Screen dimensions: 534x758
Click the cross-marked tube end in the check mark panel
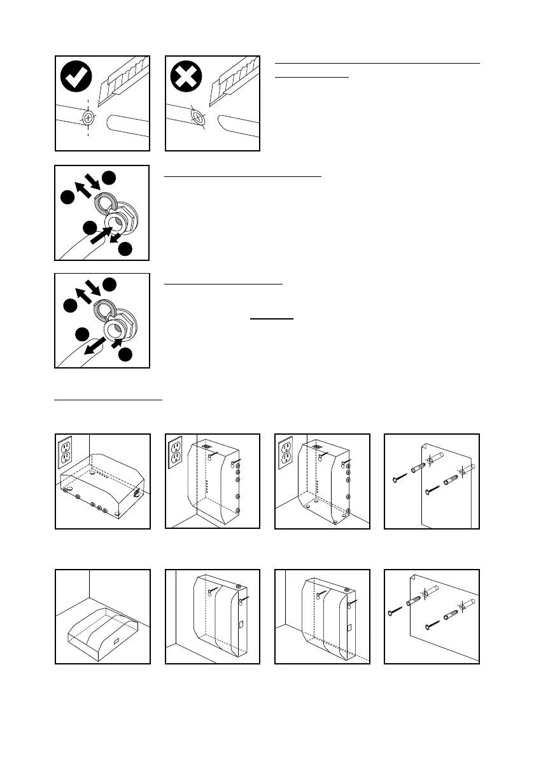click(x=88, y=118)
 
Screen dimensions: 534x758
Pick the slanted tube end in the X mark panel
click(x=198, y=118)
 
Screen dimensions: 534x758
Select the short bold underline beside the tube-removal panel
click(x=272, y=319)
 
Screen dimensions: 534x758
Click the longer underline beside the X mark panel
click(x=377, y=63)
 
